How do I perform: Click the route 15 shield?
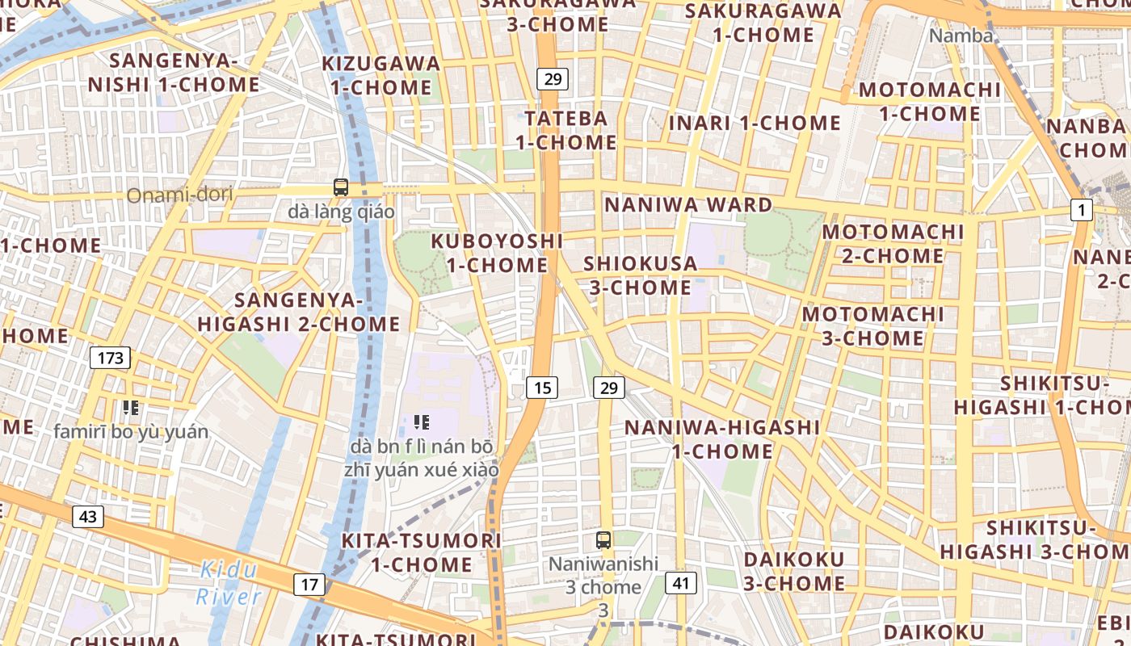[x=542, y=388]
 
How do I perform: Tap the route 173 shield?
[x=110, y=357]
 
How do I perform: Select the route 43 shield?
[x=88, y=517]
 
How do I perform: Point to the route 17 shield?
[x=310, y=584]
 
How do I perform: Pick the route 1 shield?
[x=1081, y=210]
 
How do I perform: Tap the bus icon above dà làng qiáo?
[x=341, y=187]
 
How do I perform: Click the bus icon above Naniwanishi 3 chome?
[x=603, y=540]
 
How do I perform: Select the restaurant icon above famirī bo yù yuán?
[x=131, y=408]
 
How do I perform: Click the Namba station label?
[x=961, y=36]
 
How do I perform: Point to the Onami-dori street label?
[x=179, y=195]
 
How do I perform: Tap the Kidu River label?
[x=229, y=583]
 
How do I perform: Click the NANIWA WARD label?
[x=688, y=204]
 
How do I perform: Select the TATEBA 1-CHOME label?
[x=565, y=130]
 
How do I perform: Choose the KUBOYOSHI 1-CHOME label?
[x=496, y=253]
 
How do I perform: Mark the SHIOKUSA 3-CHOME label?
[x=640, y=275]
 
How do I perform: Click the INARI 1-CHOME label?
[x=755, y=123]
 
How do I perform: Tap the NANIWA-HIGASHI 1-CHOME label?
[x=722, y=438]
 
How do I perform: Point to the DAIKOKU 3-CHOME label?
[x=794, y=571]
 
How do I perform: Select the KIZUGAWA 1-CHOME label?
[x=381, y=75]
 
